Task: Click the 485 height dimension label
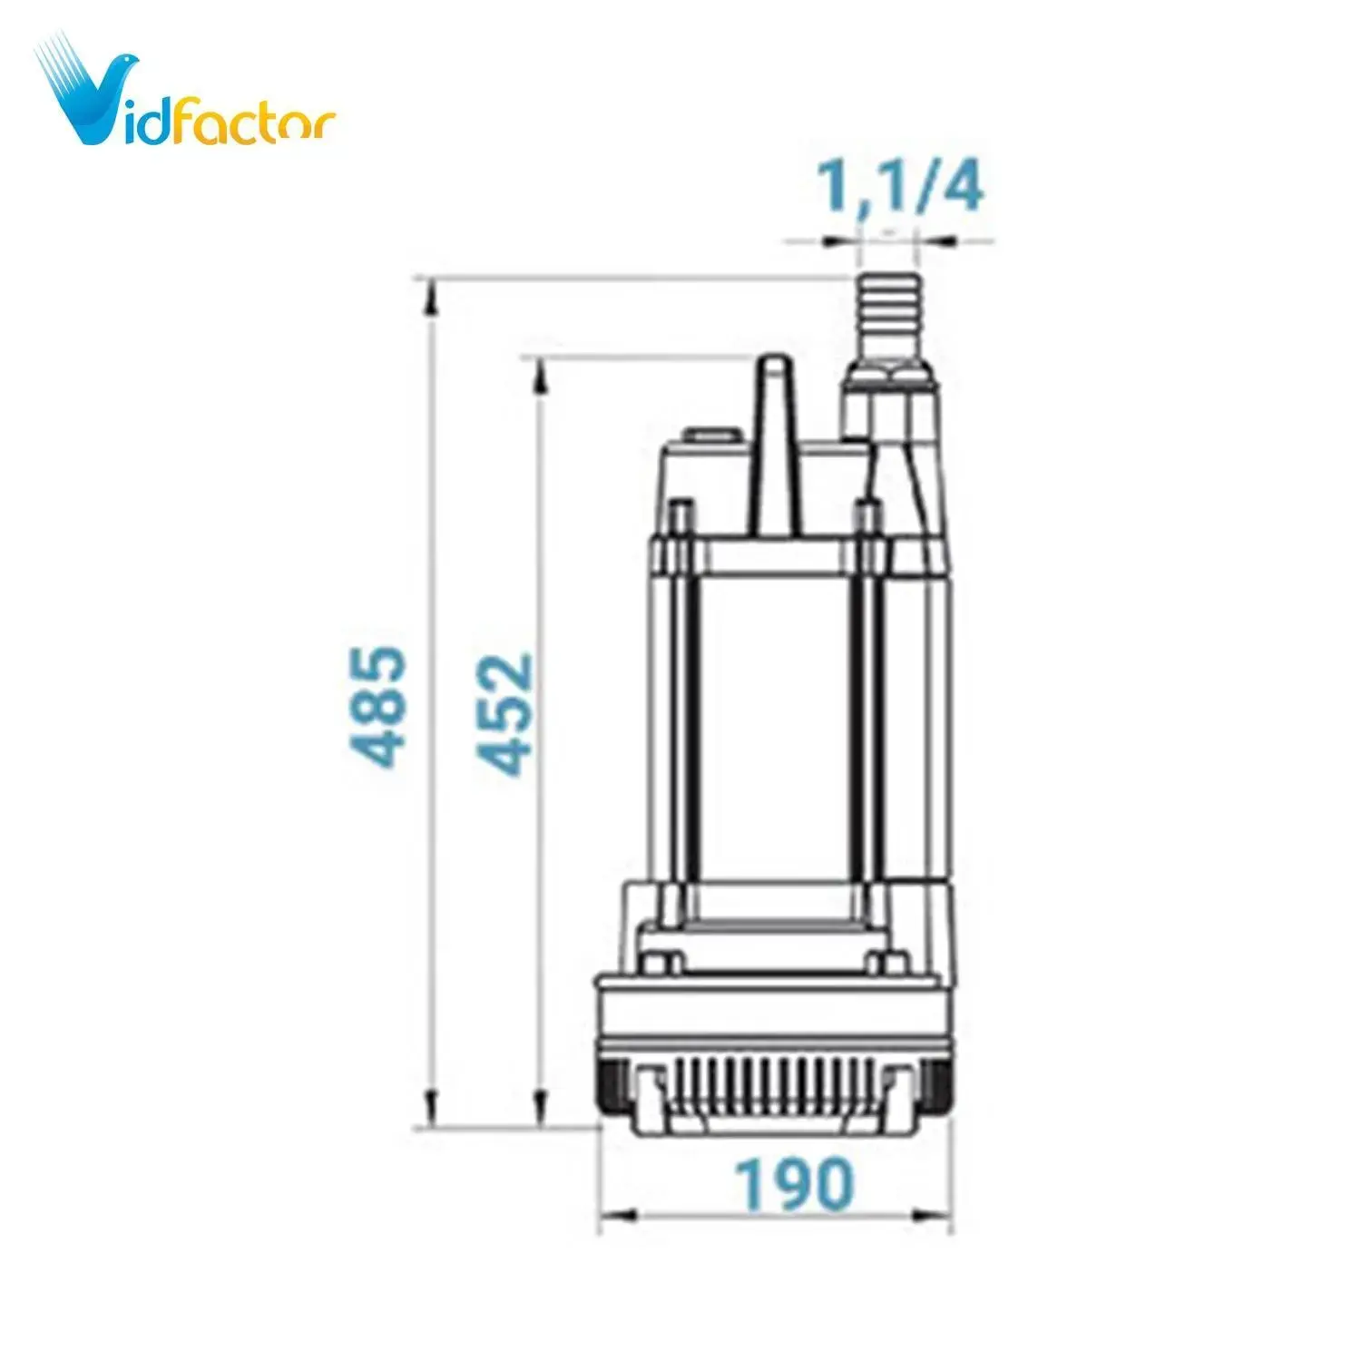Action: (377, 705)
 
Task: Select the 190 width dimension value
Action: (794, 1183)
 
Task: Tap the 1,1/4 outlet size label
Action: (900, 188)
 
